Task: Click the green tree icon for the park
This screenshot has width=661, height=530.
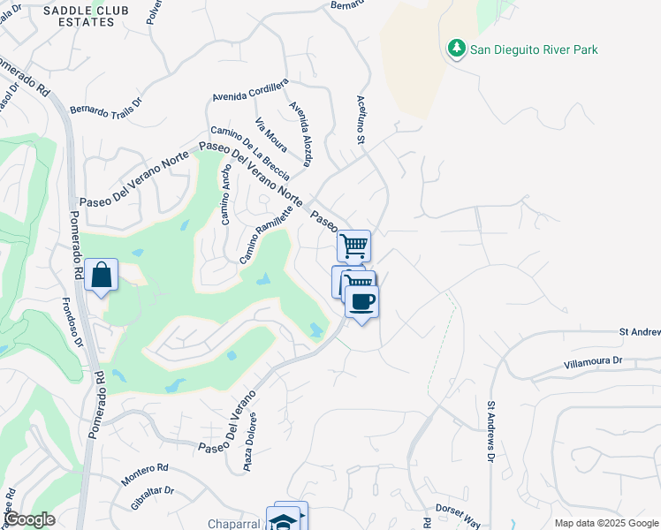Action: [457, 49]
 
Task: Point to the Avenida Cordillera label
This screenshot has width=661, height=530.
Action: [250, 89]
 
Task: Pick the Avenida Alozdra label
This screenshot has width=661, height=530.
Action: [300, 133]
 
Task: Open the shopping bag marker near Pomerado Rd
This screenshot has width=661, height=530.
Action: [102, 276]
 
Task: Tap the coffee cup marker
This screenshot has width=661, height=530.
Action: [361, 302]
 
